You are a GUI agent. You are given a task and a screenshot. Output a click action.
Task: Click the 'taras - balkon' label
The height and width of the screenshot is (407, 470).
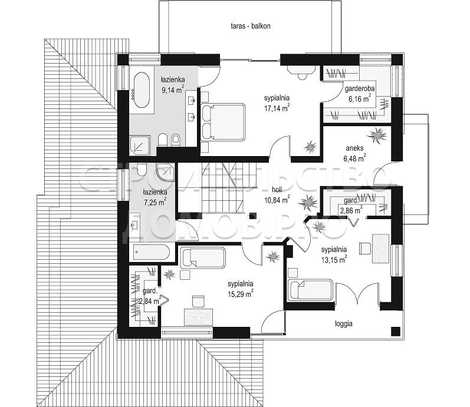[x=251, y=26]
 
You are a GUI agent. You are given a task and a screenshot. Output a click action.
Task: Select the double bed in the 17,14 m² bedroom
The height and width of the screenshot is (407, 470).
[x=223, y=122]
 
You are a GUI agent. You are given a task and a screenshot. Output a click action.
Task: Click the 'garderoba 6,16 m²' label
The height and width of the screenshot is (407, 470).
[x=360, y=94]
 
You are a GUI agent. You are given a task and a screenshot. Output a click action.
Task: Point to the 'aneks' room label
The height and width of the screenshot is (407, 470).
[x=354, y=148]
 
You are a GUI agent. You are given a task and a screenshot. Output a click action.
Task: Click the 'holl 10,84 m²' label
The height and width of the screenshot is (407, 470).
[x=277, y=195]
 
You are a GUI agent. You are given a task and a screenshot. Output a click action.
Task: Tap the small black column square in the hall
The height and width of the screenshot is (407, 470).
[x=253, y=215]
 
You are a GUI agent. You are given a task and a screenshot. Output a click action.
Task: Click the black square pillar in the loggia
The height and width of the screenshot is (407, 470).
[x=396, y=331]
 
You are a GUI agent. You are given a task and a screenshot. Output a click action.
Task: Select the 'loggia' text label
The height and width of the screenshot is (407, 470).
[x=344, y=323]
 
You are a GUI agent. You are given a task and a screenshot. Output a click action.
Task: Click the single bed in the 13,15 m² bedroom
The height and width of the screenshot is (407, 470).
[x=310, y=290]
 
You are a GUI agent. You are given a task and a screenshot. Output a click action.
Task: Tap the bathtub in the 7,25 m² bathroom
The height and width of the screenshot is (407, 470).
[x=151, y=253]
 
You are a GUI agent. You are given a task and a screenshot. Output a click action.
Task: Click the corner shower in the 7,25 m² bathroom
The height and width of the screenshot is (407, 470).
[x=166, y=172]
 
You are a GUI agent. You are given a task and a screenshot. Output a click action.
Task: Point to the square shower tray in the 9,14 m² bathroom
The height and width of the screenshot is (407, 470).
[x=140, y=145]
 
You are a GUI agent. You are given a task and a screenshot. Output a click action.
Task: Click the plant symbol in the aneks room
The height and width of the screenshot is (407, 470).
[x=377, y=135]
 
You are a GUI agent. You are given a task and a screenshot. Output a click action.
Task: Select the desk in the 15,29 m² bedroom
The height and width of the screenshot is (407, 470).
[x=198, y=317]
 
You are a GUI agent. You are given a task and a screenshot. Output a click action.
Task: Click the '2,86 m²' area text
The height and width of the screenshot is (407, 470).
[x=350, y=210]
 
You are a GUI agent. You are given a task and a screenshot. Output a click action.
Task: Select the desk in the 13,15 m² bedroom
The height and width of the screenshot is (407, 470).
[x=381, y=249]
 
